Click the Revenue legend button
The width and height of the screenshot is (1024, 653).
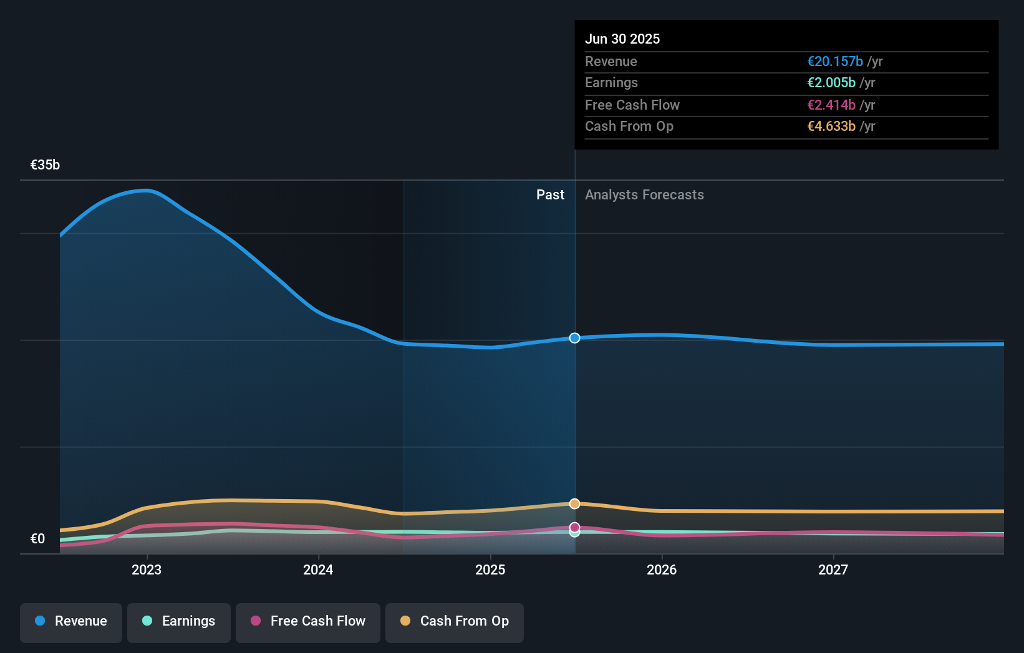tap(71, 622)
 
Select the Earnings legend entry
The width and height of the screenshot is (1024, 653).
tap(179, 622)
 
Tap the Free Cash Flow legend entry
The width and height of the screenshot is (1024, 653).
tap(308, 622)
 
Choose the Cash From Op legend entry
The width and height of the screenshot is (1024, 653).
tap(455, 622)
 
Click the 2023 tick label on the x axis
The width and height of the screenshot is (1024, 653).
tap(147, 570)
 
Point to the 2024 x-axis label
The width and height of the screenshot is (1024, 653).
tap(318, 570)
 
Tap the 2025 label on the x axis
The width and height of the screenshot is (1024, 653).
tap(490, 570)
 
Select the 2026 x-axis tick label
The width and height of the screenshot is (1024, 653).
tap(662, 570)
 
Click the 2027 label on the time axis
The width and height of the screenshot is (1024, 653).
tap(833, 570)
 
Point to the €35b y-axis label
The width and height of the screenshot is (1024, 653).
tap(45, 165)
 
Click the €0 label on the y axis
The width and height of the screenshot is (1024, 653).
tap(37, 539)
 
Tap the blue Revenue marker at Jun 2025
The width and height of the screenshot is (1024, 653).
tap(574, 338)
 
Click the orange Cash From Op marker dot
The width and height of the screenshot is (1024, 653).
tap(574, 503)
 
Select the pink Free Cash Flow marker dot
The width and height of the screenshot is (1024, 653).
tap(574, 527)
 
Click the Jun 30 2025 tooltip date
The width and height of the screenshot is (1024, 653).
tap(622, 39)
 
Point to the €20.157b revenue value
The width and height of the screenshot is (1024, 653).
tap(835, 62)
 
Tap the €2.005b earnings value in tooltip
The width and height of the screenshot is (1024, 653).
tap(831, 83)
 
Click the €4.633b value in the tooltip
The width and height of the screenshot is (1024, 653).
tap(831, 126)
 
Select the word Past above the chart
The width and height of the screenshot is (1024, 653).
tap(550, 195)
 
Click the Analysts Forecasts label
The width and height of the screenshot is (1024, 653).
tap(644, 195)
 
